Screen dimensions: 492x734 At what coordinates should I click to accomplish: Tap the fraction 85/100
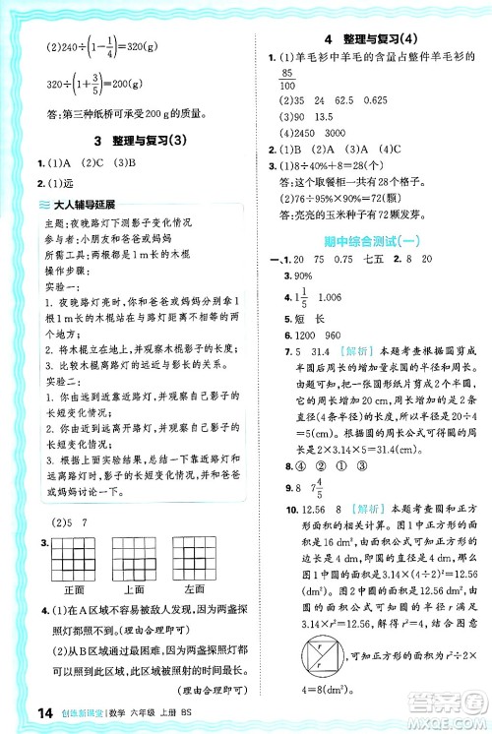(289, 82)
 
